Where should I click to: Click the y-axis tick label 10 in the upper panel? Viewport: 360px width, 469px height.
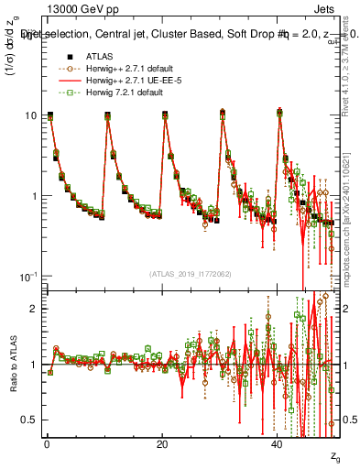pyautogui.click(x=31, y=115)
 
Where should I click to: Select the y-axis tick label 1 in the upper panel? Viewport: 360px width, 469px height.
pyautogui.click(x=34, y=196)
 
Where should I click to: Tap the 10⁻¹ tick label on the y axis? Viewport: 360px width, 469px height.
pyautogui.click(x=28, y=276)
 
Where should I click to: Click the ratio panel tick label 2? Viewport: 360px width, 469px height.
pyautogui.click(x=34, y=310)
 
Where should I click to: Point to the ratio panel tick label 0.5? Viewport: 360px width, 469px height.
pyautogui.click(x=30, y=420)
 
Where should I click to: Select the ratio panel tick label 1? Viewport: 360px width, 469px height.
pyautogui.click(x=34, y=365)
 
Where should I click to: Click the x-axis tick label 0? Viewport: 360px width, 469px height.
pyautogui.click(x=47, y=443)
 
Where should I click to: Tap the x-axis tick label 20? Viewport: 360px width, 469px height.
pyautogui.click(x=162, y=443)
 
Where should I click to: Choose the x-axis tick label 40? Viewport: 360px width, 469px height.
pyautogui.click(x=278, y=443)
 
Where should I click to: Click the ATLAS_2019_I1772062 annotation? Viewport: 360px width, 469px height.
pyautogui.click(x=191, y=273)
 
